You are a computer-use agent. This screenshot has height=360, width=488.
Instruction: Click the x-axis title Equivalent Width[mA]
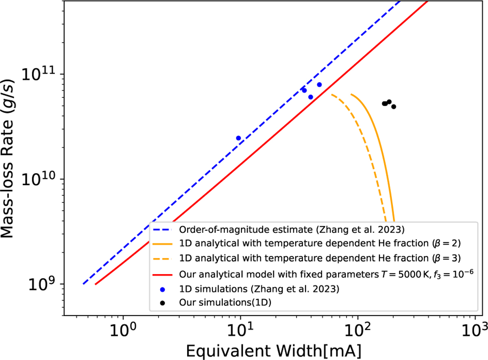point(272,349)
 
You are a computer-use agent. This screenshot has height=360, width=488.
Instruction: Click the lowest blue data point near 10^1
point(238,138)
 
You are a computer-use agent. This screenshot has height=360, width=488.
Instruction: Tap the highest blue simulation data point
point(319,85)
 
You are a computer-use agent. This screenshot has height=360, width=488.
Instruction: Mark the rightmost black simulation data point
point(393,107)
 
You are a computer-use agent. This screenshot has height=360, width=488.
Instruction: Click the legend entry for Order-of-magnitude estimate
point(291,230)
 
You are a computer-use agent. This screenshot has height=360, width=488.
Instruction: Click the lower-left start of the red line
point(96,284)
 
